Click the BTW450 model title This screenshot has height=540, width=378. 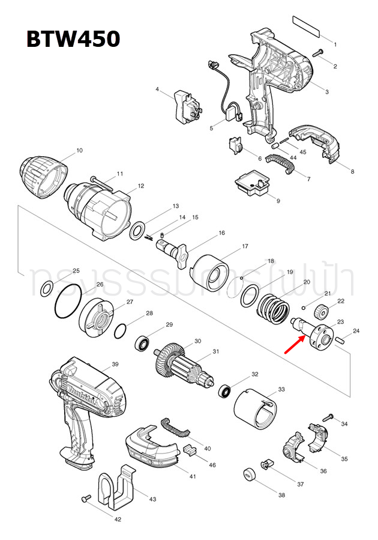(x=73, y=40)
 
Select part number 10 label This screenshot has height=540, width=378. (x=79, y=150)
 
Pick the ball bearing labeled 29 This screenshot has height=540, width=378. (x=143, y=344)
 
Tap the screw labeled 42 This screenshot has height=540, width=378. (x=86, y=498)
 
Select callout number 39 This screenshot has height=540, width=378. (x=115, y=364)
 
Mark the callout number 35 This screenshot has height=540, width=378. (x=344, y=459)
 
